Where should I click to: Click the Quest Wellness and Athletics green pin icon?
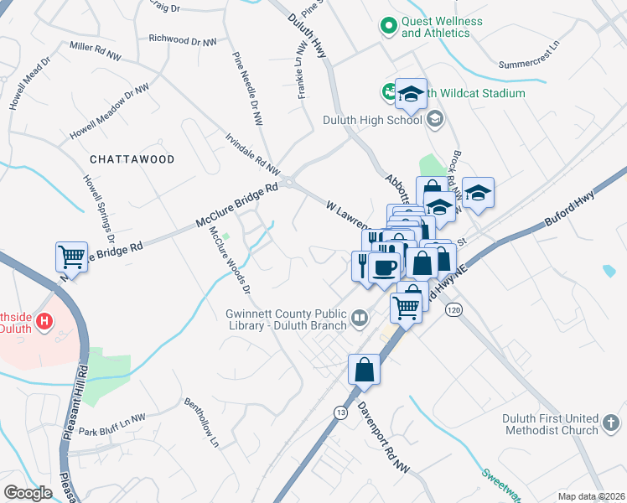388,27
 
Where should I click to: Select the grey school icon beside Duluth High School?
434,120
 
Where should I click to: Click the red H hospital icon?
45,320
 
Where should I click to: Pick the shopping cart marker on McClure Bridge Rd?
71,257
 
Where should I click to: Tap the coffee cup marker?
384,267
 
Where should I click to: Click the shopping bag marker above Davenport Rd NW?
365,369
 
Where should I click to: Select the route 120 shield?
454,309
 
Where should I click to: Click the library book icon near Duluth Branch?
359,317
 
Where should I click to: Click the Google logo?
28,492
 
